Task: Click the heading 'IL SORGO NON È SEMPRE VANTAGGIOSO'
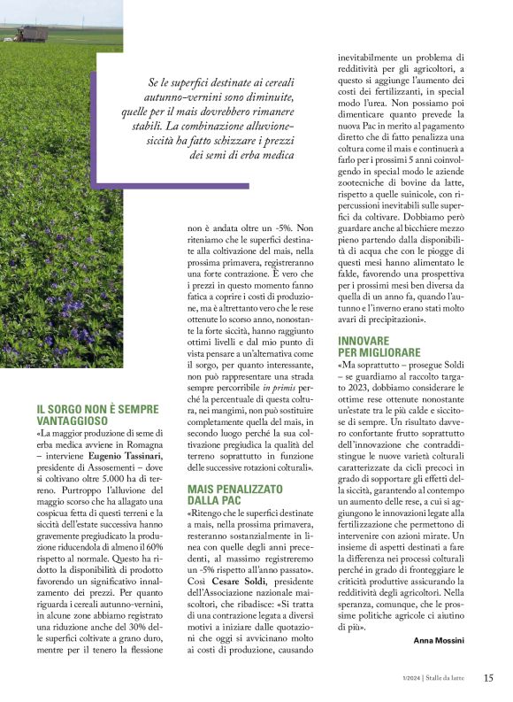97,415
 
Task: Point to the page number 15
488,679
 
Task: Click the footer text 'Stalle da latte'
448,679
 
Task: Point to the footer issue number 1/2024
408,679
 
